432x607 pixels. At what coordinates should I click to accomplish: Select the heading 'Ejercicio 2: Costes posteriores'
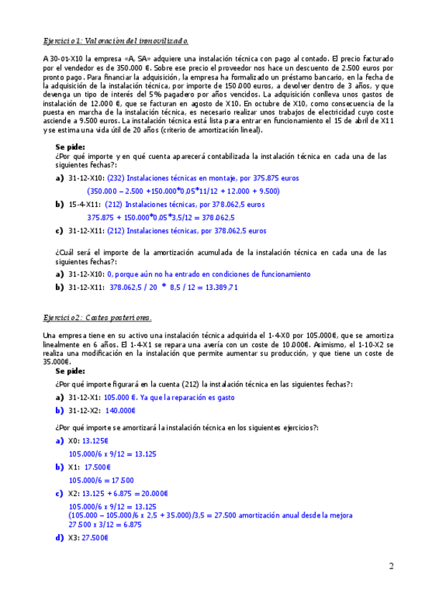(97, 318)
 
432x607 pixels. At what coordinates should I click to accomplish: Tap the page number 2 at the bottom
(392, 568)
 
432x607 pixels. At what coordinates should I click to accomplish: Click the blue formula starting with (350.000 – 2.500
(183, 191)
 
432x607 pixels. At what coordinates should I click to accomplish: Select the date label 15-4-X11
(85, 205)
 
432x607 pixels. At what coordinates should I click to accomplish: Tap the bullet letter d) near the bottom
(60, 537)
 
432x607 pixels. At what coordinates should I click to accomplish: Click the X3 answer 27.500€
(95, 537)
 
